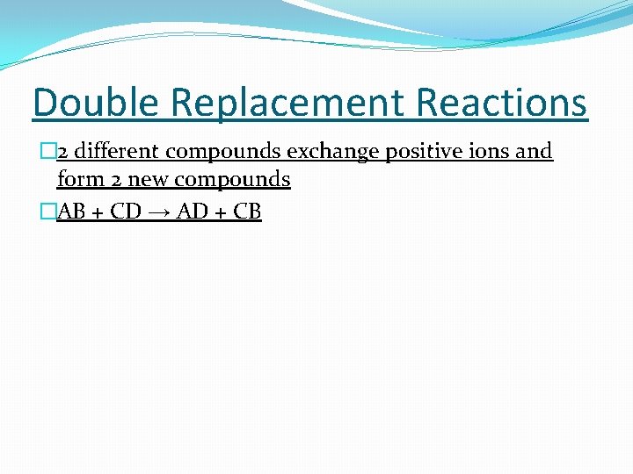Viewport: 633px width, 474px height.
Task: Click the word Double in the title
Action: (x=96, y=102)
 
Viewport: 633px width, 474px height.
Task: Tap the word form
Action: (x=77, y=179)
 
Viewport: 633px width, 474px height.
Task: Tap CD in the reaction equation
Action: (x=125, y=212)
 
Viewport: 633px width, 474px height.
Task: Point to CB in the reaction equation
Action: (x=246, y=212)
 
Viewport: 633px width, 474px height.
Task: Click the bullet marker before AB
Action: (x=49, y=212)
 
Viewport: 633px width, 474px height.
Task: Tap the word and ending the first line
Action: (x=534, y=151)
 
